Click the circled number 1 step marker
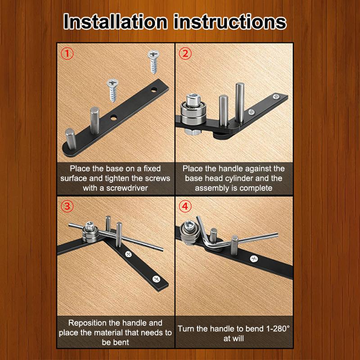coord(67,54)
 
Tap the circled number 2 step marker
coord(185,54)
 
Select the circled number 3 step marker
coord(67,207)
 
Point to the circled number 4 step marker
coord(185,207)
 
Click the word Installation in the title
coord(116,22)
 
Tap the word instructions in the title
coord(230,22)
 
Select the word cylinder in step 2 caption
coord(238,178)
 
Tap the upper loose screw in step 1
coord(153,62)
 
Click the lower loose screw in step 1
coord(112,90)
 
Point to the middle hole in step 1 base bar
coord(113,118)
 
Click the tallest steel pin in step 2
coord(240,103)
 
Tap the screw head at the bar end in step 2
coord(276,96)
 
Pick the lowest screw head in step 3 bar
coord(156,279)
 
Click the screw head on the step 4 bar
coord(254,259)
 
